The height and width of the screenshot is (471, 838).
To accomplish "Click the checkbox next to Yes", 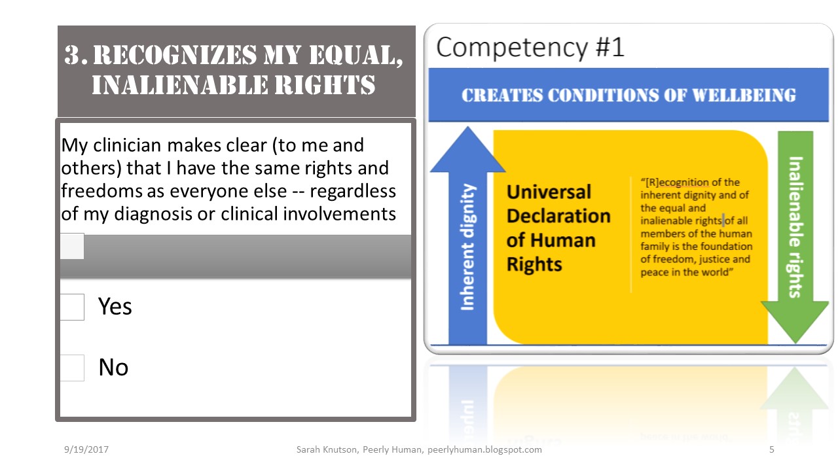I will coord(72,307).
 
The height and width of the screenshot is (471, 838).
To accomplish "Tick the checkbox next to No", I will coord(72,368).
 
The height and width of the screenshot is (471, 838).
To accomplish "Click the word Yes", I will coord(115,306).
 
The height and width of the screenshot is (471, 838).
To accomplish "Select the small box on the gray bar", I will coord(72,247).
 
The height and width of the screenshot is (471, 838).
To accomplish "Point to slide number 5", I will coord(772,449).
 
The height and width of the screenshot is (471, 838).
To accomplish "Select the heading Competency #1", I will coord(530,48).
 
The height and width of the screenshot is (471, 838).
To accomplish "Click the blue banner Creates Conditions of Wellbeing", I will coord(628,95).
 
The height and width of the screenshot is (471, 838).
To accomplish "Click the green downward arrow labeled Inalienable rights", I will coord(795,235).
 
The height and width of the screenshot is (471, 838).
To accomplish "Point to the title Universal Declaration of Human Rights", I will coord(558,228).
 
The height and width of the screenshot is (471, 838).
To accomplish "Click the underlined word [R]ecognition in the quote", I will coord(677,183).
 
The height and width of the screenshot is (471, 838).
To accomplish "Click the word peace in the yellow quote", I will coord(655,272).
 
